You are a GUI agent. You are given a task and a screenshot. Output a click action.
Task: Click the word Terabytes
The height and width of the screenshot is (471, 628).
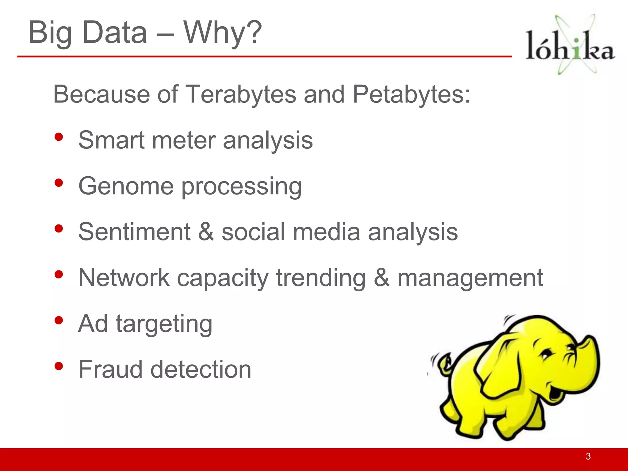pos(241,94)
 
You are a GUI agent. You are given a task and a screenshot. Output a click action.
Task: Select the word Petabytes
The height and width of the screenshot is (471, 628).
pos(411,94)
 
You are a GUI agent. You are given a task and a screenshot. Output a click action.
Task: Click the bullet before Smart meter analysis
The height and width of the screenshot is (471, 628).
pos(59,137)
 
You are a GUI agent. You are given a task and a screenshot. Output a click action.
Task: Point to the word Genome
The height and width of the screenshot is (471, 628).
pos(126,186)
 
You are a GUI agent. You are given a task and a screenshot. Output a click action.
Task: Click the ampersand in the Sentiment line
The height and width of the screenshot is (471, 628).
pos(206,232)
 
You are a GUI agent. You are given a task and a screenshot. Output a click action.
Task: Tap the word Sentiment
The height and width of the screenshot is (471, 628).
pos(134,232)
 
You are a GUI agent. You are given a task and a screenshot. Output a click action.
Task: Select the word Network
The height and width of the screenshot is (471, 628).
pos(124,278)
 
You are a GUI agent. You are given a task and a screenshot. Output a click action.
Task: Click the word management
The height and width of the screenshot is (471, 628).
pos(470,278)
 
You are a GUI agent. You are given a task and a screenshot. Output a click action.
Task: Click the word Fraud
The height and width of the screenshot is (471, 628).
pos(110,369)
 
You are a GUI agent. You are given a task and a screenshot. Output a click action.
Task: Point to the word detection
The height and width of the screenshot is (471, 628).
pos(201,369)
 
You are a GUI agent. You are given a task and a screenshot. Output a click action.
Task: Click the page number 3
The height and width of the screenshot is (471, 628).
pos(588,456)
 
